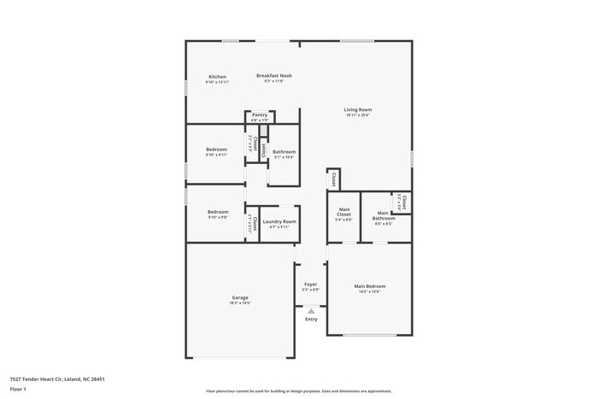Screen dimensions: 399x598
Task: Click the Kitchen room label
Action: (217, 77)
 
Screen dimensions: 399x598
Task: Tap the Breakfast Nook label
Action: (274, 75)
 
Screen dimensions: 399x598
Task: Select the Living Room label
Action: (358, 109)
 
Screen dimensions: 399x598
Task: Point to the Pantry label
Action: (260, 114)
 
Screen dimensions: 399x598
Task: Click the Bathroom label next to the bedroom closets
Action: (284, 152)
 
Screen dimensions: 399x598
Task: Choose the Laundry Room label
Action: (278, 221)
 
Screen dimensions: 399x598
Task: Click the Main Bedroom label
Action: (370, 286)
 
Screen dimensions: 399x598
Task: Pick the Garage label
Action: (240, 297)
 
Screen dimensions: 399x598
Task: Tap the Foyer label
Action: (311, 285)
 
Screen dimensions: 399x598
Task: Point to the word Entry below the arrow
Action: (311, 320)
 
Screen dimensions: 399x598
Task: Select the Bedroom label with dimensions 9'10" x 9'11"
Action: (216, 150)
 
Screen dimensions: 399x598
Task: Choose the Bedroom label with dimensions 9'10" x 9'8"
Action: (218, 212)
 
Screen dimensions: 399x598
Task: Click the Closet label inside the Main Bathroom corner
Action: (404, 203)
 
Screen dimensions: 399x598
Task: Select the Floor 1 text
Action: (18, 389)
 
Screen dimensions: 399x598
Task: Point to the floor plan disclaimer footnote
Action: (293, 390)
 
